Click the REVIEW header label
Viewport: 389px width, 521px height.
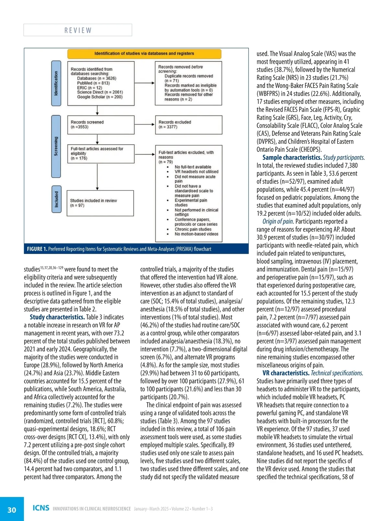click(78, 30)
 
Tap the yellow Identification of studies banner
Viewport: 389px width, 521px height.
click(144, 54)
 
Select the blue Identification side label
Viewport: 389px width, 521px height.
click(56, 83)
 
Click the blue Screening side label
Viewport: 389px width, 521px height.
click(56, 146)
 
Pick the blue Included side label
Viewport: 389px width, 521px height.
click(56, 199)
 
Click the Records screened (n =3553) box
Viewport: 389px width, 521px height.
click(100, 125)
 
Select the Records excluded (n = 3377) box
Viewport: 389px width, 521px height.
click(188, 125)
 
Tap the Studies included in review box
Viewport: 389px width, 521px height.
click(100, 203)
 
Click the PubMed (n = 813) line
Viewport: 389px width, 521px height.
click(93, 83)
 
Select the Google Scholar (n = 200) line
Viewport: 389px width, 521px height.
click(100, 97)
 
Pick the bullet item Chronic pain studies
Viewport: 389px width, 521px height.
click(193, 229)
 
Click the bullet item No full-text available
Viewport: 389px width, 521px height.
click(193, 167)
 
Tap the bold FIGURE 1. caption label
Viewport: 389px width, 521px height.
click(37, 249)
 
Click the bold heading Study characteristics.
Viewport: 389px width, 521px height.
click(57, 317)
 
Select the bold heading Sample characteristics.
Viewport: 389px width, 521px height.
click(292, 157)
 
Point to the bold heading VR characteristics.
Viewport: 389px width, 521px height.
click(286, 373)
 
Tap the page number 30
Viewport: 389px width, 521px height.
click(12, 510)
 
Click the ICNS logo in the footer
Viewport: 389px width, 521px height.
click(41, 508)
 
